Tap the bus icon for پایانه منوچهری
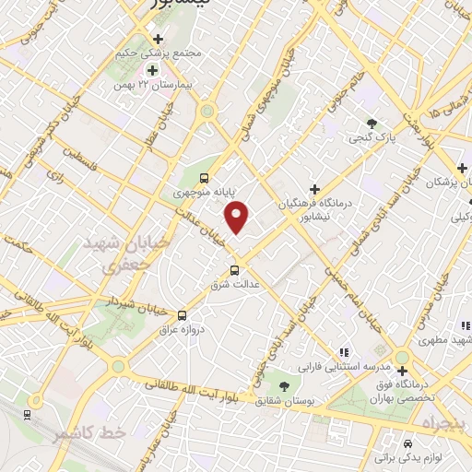[204, 178]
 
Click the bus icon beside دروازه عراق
[182, 314]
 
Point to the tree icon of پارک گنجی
[372, 123]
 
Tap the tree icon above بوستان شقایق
[284, 384]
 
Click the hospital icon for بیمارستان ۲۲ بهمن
[151, 69]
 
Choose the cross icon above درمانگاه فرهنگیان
[315, 188]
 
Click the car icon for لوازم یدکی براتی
[407, 442]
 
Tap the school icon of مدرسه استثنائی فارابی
[343, 352]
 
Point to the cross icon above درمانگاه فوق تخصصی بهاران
[402, 372]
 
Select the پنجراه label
[442, 423]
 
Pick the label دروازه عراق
[181, 328]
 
